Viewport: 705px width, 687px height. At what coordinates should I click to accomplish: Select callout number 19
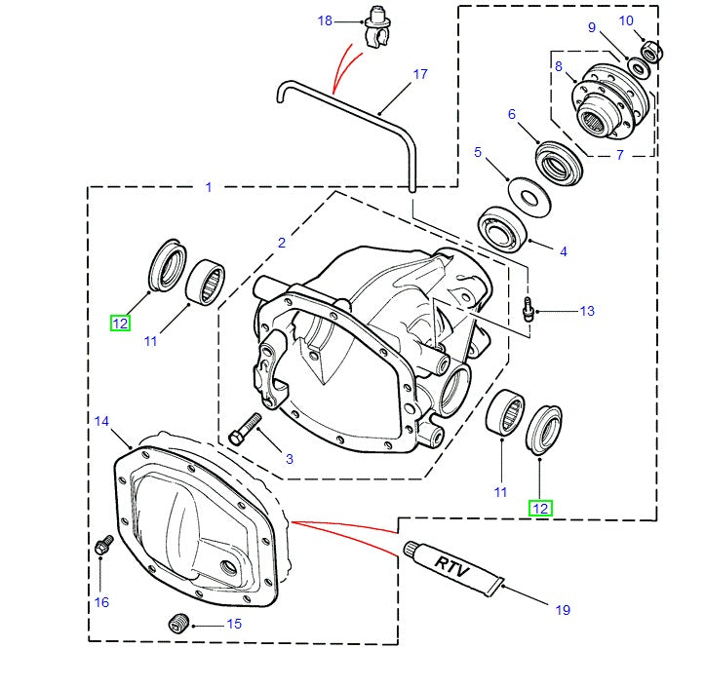563,610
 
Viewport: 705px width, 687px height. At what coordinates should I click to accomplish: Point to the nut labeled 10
651,51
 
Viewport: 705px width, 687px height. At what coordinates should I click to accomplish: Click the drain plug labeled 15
178,623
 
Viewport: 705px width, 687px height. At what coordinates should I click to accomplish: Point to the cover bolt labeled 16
102,548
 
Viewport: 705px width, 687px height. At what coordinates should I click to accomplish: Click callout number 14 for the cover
102,421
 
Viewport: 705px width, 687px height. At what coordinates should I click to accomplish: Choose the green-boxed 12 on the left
120,324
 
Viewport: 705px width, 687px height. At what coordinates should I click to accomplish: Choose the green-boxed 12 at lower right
540,508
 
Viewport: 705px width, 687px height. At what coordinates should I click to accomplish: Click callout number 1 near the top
208,187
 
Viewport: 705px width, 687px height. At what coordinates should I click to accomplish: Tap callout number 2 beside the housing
282,243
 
